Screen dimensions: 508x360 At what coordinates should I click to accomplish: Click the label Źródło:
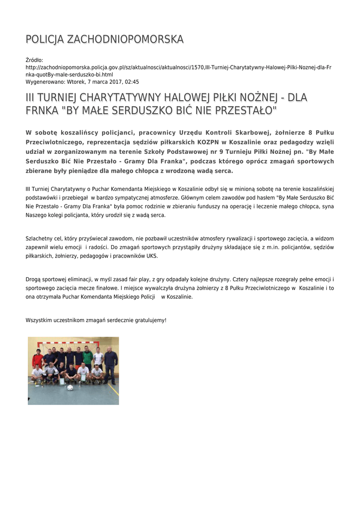coord(34,60)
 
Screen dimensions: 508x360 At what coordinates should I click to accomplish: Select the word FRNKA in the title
coord(42,110)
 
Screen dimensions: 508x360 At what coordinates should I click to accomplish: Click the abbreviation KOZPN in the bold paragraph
coord(204,142)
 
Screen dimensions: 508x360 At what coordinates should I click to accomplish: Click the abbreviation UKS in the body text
coord(151,256)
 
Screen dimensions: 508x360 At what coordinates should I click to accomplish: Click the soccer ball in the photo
coord(70,387)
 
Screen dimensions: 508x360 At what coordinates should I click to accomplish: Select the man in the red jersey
coord(38,359)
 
